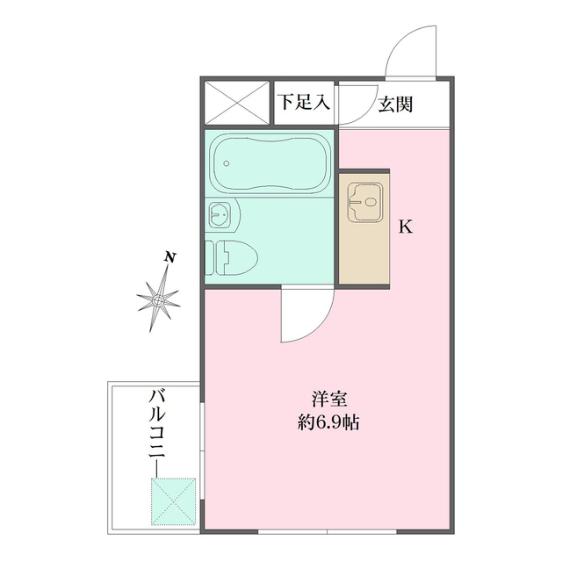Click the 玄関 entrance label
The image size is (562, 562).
tap(398, 104)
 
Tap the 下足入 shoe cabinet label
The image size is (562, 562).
tap(304, 102)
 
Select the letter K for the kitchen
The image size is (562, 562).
tap(406, 227)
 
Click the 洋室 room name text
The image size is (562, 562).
tap(328, 397)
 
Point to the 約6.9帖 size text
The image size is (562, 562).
tap(328, 421)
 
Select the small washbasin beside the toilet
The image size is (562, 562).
tap(221, 213)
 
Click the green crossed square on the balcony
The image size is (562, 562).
tap(172, 501)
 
